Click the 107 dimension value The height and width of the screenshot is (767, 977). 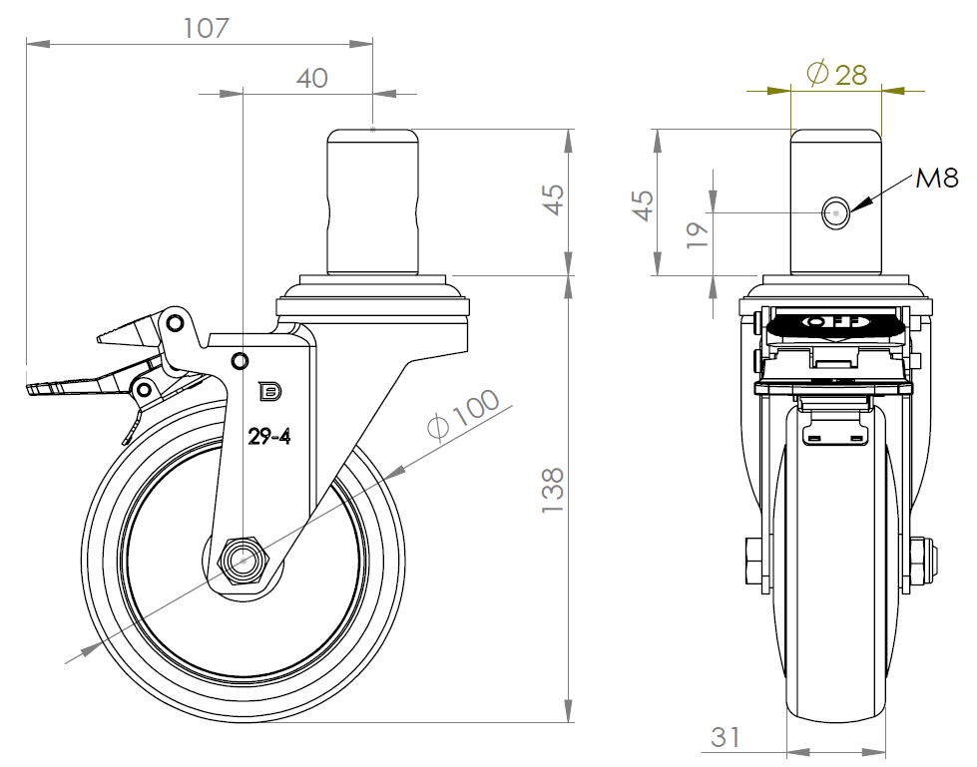pos(207,28)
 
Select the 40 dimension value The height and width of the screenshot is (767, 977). pos(311,79)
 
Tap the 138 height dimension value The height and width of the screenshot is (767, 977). pos(553,490)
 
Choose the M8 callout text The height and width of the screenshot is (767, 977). pos(936,180)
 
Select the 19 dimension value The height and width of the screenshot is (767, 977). pos(698,234)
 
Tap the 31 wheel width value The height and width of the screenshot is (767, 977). pos(726,737)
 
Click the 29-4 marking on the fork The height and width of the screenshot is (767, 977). pos(269,437)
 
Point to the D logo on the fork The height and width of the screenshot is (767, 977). pos(269,392)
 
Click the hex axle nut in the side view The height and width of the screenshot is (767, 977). pos(244,561)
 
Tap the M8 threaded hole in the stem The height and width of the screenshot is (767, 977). pos(835,212)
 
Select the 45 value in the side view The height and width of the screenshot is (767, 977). pos(554,199)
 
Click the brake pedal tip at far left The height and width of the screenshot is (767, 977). pos(29,389)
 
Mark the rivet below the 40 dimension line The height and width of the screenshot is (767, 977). pos(240,360)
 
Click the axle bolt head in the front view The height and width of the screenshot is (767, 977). pos(753,561)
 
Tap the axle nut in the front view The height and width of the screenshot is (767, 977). pos(921,561)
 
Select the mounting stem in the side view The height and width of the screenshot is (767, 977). pos(372,201)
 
